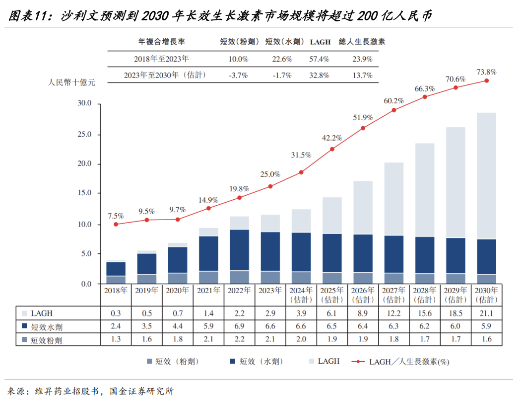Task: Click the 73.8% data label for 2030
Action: coord(486,72)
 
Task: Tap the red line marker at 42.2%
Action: coord(332,149)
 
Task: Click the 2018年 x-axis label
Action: coord(116,290)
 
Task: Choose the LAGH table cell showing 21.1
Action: coord(486,314)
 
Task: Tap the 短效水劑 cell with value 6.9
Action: coord(240,327)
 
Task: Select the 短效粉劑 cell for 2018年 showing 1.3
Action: coord(116,340)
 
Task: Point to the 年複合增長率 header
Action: coord(161,42)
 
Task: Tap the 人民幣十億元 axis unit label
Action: coord(71,82)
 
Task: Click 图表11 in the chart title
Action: coord(28,16)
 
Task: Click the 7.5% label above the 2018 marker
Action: coord(116,216)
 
